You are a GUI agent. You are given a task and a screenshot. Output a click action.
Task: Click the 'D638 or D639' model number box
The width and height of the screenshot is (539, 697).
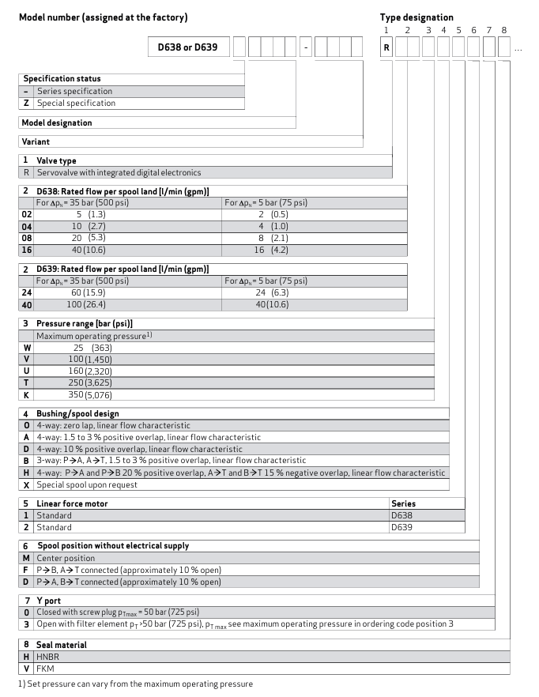[190, 47]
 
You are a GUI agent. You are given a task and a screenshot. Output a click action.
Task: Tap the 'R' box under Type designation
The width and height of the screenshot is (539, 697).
[386, 47]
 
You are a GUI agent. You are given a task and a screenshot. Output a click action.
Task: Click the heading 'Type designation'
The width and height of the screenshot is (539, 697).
[416, 17]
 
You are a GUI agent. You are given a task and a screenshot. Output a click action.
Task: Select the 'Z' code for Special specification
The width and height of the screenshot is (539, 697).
[26, 103]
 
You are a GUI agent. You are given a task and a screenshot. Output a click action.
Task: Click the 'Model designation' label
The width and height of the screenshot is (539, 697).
[56, 122]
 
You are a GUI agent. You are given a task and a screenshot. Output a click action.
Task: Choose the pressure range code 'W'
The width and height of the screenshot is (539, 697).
[27, 348]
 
